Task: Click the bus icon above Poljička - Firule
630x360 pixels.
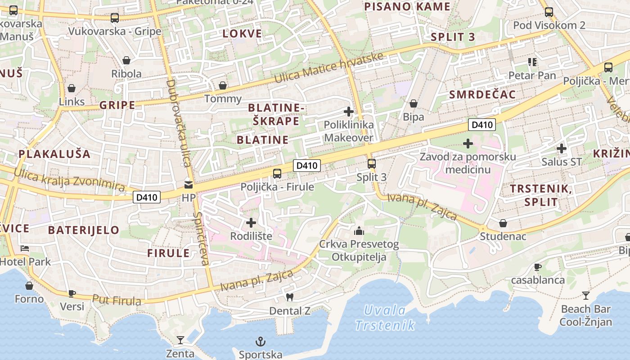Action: pos(277,173)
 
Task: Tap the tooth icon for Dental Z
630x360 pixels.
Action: pos(290,297)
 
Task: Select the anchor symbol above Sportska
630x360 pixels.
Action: pos(260,341)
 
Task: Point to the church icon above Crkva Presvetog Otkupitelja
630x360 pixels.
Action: pos(359,231)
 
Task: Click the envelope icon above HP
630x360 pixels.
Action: pos(189,184)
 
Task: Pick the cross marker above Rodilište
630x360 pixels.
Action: pos(251,222)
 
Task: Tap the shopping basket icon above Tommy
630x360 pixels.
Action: pos(222,85)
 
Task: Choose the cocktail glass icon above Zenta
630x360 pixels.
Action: pos(180,340)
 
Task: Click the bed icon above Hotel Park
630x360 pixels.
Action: pos(25,248)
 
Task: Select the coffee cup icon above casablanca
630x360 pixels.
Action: pos(537,267)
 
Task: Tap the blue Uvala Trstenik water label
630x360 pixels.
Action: pos(385,318)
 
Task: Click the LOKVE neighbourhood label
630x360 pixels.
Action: pos(242,34)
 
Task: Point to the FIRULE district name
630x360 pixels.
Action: pos(168,253)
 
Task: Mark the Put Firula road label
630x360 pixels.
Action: pos(117,300)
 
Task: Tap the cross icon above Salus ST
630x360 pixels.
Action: pos(561,148)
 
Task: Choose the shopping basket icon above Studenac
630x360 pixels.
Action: pos(503,223)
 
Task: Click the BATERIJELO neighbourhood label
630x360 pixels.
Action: pos(84,230)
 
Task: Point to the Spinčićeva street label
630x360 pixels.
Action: pos(201,238)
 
